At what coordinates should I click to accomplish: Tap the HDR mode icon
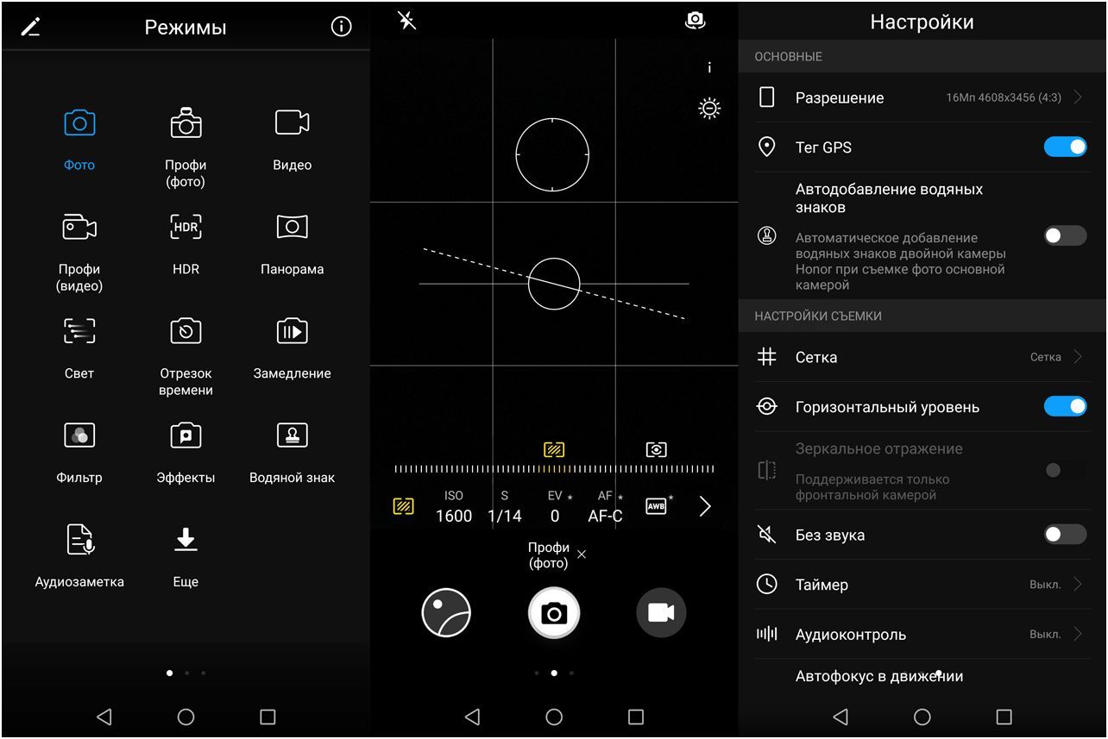click(186, 227)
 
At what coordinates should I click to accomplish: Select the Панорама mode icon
click(292, 227)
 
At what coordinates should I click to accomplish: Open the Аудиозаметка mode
click(79, 540)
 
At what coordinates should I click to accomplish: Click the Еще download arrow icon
click(186, 539)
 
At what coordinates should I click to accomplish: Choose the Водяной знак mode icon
click(292, 435)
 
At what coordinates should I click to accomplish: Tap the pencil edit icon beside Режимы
click(31, 27)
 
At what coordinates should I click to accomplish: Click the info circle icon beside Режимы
click(342, 27)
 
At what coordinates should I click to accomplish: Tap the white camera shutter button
click(554, 613)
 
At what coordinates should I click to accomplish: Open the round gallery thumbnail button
click(446, 613)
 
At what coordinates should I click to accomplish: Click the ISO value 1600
click(454, 516)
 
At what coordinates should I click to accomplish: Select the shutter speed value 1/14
click(505, 516)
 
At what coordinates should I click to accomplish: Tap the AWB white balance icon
click(657, 506)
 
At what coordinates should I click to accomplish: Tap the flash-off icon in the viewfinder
click(406, 21)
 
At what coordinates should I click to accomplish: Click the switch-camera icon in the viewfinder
click(695, 21)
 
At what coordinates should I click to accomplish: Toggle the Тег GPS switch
click(1065, 147)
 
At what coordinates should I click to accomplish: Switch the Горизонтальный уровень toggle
click(1065, 406)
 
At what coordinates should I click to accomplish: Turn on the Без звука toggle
click(1065, 535)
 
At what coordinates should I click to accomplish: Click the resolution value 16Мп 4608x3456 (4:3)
click(1004, 97)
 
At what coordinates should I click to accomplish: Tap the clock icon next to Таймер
click(766, 584)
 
